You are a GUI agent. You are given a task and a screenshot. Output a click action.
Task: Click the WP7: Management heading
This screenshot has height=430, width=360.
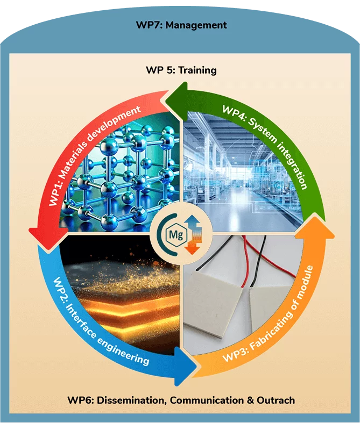click(x=181, y=25)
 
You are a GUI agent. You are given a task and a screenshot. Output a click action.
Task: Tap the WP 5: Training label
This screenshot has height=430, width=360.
click(x=181, y=70)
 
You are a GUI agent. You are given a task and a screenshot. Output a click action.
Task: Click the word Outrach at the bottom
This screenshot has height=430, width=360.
click(x=276, y=400)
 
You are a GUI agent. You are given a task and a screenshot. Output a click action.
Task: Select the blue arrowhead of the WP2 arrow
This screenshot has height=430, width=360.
click(x=185, y=366)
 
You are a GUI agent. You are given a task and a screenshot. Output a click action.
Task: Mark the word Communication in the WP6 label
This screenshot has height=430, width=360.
click(x=207, y=400)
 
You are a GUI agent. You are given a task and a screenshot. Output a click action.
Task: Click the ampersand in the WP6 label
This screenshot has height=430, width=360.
click(x=250, y=400)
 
